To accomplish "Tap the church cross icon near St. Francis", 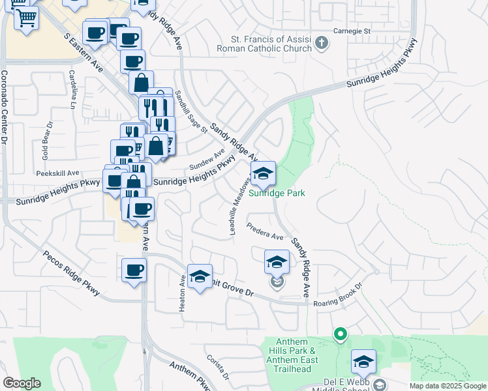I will pos(321,44).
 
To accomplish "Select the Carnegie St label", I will pos(352,31).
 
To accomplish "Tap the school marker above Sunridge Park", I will pos(263,174).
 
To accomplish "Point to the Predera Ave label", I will pos(265,231).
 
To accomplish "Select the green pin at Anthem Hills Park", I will pos(340,335).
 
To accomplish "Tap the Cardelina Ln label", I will pos(71,90).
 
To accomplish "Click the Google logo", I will pos(22,383).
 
